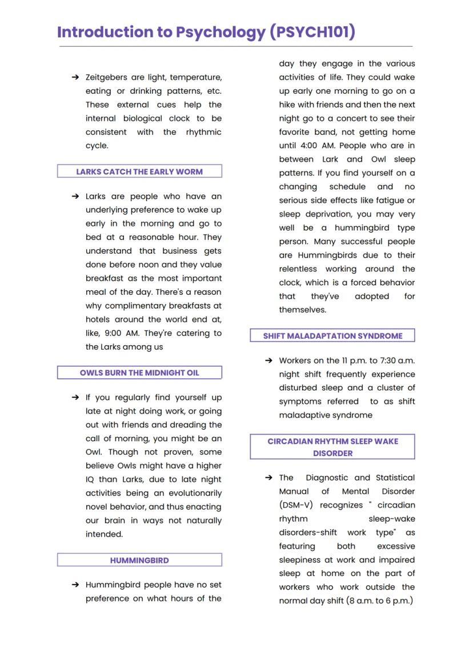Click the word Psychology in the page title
click(221, 32)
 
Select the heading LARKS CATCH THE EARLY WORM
click(139, 171)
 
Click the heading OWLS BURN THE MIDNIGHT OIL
click(139, 373)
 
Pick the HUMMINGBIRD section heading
click(139, 561)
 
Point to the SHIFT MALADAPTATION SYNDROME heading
click(332, 336)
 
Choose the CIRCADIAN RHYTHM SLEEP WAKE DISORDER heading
click(332, 447)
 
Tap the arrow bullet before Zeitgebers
click(75, 77)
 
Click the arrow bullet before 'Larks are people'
click(75, 196)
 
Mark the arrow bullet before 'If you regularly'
click(75, 397)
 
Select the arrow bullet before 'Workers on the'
click(268, 361)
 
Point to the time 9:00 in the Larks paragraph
click(116, 333)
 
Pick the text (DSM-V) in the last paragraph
click(296, 505)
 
